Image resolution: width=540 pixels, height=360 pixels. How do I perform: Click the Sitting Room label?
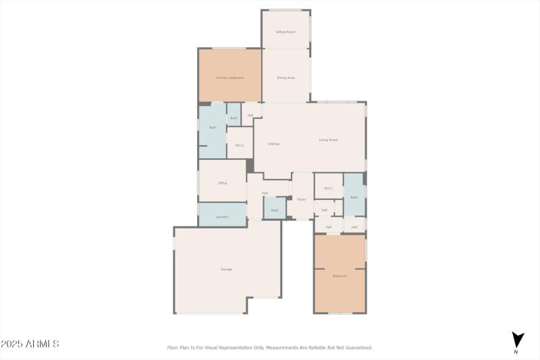(x=286, y=32)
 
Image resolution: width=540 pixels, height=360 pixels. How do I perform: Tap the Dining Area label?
(x=286, y=78)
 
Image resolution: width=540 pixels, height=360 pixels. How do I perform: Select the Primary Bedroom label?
(x=230, y=78)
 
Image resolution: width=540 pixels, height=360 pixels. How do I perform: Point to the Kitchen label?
(x=274, y=144)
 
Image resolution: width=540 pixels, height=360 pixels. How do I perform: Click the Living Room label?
(x=328, y=140)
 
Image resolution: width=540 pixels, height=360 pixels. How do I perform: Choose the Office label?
(x=222, y=183)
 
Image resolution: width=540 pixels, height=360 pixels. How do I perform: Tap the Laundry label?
(x=222, y=217)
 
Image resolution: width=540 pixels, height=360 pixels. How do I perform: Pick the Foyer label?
(x=302, y=199)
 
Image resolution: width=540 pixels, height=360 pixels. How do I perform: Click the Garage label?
(x=226, y=269)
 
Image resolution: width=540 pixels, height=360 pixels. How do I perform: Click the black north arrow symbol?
(x=518, y=340)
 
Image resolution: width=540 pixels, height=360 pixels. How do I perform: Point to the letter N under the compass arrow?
(x=516, y=352)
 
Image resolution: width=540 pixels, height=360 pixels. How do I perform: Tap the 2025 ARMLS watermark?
(x=30, y=344)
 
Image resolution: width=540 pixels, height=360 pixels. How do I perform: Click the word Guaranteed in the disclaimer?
(x=357, y=348)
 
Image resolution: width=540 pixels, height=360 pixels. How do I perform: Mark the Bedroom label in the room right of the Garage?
(x=340, y=276)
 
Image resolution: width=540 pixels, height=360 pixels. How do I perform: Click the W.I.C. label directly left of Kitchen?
(x=240, y=145)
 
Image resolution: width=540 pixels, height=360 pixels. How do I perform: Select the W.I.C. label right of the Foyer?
(x=328, y=188)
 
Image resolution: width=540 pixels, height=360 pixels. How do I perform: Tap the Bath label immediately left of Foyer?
(x=275, y=210)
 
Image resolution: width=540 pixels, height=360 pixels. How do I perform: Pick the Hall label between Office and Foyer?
(x=265, y=193)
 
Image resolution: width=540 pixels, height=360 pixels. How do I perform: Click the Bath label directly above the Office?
(x=213, y=127)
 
